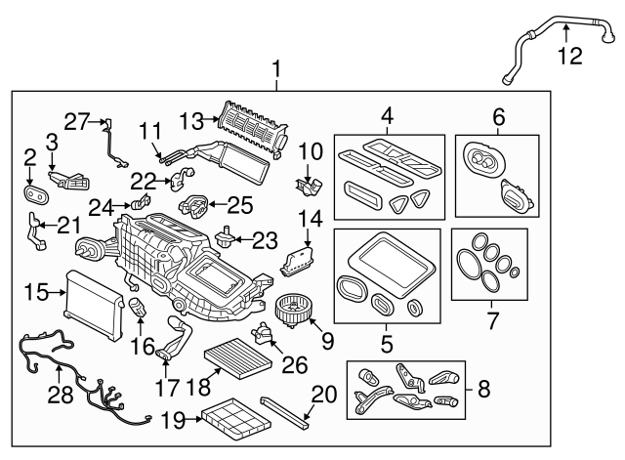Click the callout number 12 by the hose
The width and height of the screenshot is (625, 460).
coord(567,57)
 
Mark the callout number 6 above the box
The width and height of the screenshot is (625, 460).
coord(498,118)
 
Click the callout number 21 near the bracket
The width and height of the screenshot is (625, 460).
coord(66,226)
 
